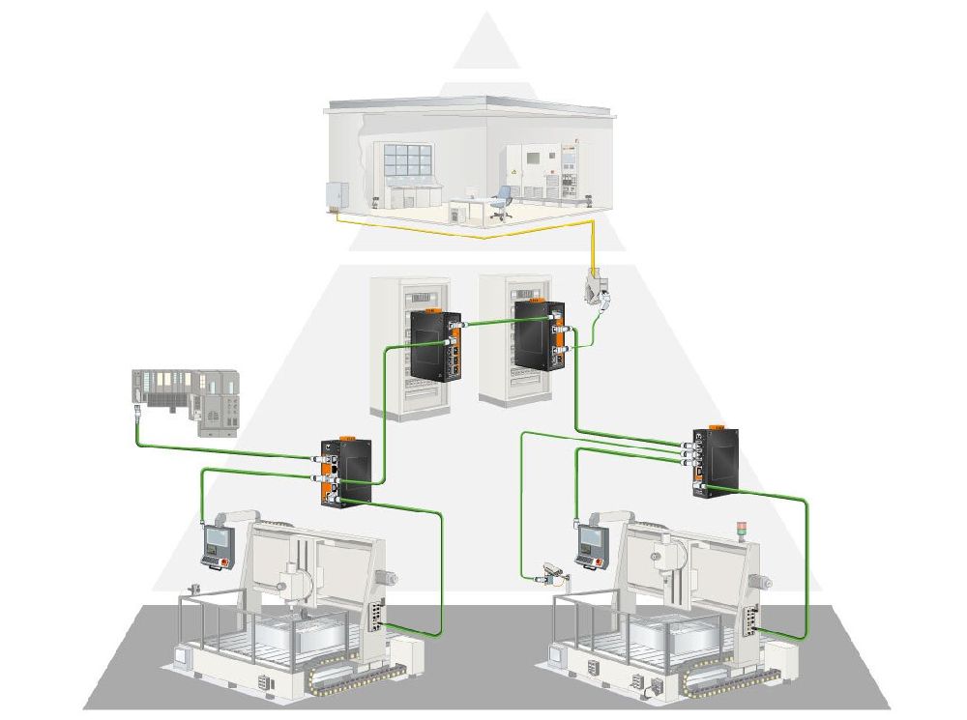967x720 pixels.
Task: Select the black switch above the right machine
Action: tap(715, 460)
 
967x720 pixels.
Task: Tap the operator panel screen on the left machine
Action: tap(213, 542)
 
